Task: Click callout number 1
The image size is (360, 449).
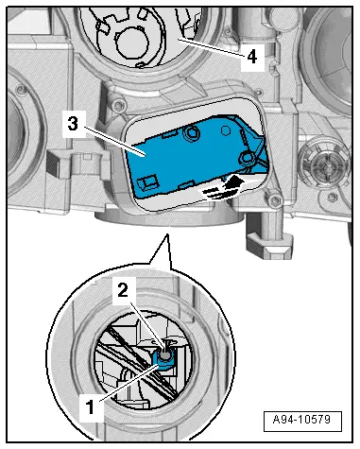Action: (x=91, y=407)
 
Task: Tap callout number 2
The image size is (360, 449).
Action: (x=123, y=290)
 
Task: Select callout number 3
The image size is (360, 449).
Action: (x=73, y=124)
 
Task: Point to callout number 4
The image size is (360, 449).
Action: (x=251, y=58)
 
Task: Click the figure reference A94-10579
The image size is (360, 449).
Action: (x=302, y=421)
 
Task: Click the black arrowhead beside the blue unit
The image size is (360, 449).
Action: (x=233, y=181)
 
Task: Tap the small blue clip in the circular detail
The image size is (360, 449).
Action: (x=163, y=360)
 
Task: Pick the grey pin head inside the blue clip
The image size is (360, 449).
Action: (x=165, y=355)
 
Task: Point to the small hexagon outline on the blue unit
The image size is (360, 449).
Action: (x=225, y=130)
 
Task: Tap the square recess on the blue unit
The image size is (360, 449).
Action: (x=146, y=182)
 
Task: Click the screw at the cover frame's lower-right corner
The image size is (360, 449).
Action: (x=274, y=200)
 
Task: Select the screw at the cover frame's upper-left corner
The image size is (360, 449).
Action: (x=119, y=104)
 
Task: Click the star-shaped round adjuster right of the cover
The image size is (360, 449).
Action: (x=323, y=164)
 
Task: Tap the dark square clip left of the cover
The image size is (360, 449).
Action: (x=53, y=163)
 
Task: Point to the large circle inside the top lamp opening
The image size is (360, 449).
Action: (x=132, y=43)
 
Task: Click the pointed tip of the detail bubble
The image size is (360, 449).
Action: (x=167, y=234)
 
